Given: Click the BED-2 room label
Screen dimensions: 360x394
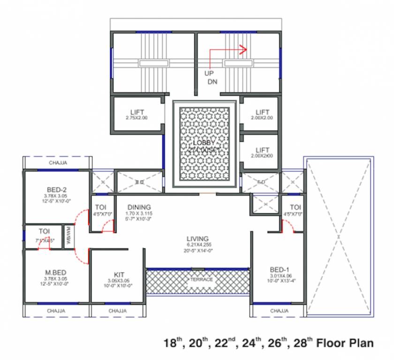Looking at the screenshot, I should [x=57, y=190].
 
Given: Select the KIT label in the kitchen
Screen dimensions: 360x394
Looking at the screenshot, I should [x=119, y=275].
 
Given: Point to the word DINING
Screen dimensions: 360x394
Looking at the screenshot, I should [x=139, y=207].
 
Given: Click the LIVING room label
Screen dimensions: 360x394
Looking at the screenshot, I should [x=197, y=239].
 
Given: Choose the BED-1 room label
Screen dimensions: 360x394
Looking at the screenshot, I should [x=279, y=270].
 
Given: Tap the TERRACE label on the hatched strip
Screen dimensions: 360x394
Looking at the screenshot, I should [x=201, y=279].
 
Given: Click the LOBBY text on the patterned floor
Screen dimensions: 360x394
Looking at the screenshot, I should [x=204, y=142].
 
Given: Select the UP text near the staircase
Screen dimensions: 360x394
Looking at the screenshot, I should [x=209, y=74].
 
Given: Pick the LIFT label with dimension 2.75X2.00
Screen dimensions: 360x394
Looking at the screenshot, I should [x=136, y=112].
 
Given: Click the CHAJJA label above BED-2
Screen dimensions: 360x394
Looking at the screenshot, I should [x=57, y=163].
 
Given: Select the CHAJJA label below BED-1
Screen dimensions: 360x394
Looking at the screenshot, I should [x=279, y=311].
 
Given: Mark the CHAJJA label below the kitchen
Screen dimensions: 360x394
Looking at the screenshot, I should [x=117, y=311].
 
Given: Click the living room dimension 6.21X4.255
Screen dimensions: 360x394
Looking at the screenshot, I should [x=197, y=245].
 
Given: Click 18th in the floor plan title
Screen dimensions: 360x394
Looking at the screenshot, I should [x=172, y=343].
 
